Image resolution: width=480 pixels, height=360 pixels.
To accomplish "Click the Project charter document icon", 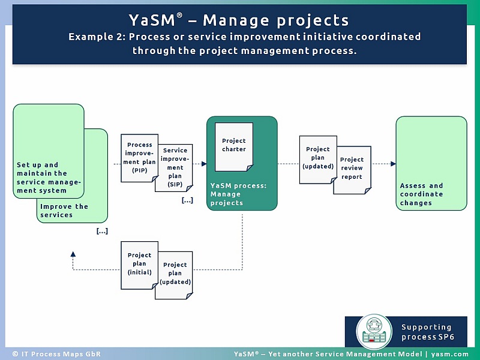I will click(x=234, y=146).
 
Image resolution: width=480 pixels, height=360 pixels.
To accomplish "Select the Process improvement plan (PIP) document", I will click(x=140, y=158).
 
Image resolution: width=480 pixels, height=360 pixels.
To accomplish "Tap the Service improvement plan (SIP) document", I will click(x=175, y=167).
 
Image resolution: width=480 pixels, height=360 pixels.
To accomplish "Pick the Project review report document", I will click(x=352, y=169).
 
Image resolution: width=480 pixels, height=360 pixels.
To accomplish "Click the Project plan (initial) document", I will click(x=139, y=264).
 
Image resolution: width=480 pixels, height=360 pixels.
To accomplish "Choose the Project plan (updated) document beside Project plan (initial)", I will click(x=175, y=274).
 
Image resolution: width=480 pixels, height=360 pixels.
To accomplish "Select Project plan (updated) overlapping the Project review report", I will click(x=318, y=158).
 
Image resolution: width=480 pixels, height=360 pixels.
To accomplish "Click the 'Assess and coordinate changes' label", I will click(x=422, y=194).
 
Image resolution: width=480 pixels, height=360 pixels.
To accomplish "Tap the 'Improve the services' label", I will click(x=64, y=211).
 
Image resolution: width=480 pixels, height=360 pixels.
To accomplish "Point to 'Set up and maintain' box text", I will click(x=49, y=178).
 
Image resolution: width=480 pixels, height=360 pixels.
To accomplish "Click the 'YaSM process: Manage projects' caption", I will click(x=238, y=194).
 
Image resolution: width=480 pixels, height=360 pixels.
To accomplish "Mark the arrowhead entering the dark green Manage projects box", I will click(x=204, y=163).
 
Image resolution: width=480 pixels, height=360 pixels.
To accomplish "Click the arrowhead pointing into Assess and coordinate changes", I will click(x=393, y=163).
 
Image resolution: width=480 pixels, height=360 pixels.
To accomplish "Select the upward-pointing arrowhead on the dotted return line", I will click(x=73, y=254).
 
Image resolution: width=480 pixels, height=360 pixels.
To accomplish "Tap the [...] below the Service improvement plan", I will click(x=187, y=200).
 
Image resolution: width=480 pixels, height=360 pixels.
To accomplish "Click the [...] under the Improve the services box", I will click(x=102, y=231).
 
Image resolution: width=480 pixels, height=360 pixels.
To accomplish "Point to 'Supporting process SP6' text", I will click(x=427, y=332).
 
